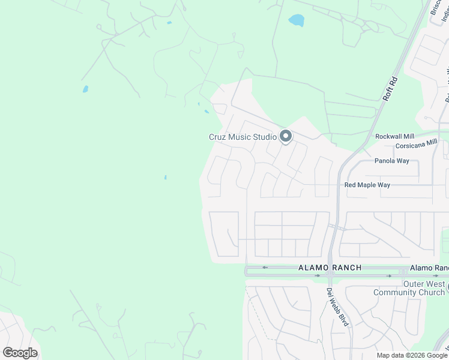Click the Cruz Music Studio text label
click(x=242, y=137)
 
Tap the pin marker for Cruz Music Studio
click(x=286, y=137)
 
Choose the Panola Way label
click(x=392, y=161)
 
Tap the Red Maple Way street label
click(x=367, y=185)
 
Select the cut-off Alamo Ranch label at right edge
click(x=429, y=268)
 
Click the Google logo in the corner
click(x=20, y=353)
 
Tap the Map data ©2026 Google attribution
click(x=412, y=355)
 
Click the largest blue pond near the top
click(x=296, y=20)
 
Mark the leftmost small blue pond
click(x=85, y=89)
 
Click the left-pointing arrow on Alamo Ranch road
click(x=264, y=267)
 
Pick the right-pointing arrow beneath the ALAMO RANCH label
click(x=318, y=276)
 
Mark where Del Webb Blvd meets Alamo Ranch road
click(x=330, y=272)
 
